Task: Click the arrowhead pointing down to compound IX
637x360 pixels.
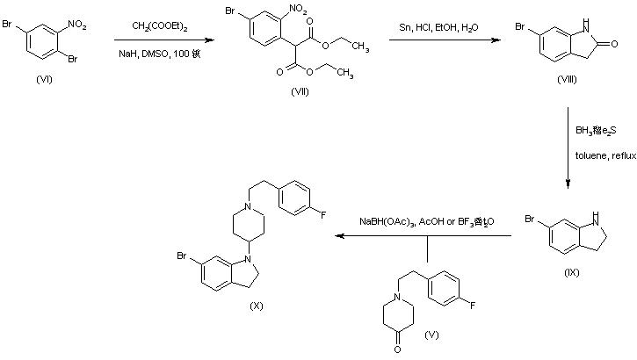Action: (x=568, y=184)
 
